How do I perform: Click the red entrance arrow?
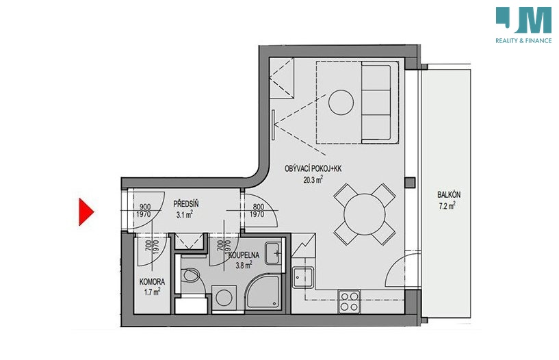86,211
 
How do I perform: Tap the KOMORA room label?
152,282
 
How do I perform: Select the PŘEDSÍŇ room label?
185,204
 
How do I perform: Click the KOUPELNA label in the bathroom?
244,255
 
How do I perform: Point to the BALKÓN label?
449,194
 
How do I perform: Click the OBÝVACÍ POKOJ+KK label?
313,168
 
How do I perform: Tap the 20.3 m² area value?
313,179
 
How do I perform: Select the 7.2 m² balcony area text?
447,205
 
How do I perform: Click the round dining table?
365,214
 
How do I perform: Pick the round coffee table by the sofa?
341,102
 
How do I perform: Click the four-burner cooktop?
349,302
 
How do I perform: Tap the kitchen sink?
303,277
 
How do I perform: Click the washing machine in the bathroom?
224,298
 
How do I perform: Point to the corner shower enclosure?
264,292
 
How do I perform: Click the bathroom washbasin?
274,253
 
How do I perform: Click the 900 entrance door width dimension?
145,207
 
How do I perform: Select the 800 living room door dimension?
259,207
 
